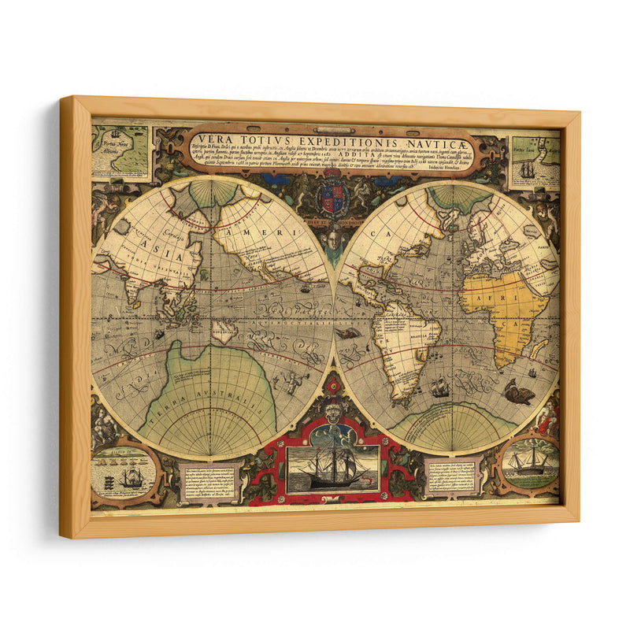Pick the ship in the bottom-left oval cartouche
point(132,476)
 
